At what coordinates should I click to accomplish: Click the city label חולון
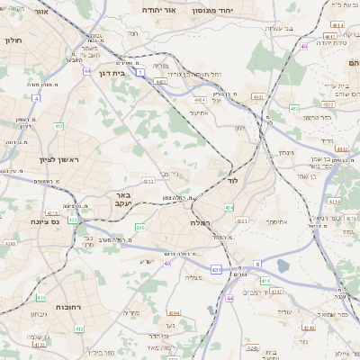[x=13, y=41]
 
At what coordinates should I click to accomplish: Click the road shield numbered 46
[x=305, y=46]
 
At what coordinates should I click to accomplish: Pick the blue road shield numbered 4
[x=37, y=97]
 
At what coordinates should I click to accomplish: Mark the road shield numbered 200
[x=139, y=228]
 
